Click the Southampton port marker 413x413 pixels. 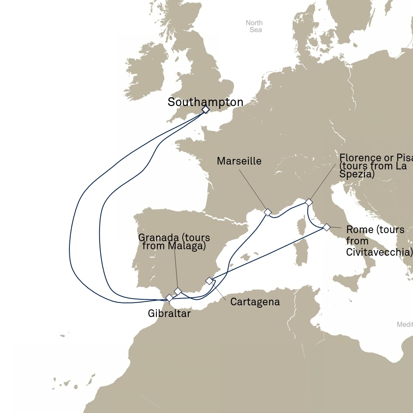206,109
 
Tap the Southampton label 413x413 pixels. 205,102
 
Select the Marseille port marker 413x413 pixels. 267,212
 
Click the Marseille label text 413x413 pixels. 239,161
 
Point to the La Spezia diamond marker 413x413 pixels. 309,202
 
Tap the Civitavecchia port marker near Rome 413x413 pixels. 326,227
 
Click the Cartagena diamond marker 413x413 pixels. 209,281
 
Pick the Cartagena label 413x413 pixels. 255,302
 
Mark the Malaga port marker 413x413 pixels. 177,291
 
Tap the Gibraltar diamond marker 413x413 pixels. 169,298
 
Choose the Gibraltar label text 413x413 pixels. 169,313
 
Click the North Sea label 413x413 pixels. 254,26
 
